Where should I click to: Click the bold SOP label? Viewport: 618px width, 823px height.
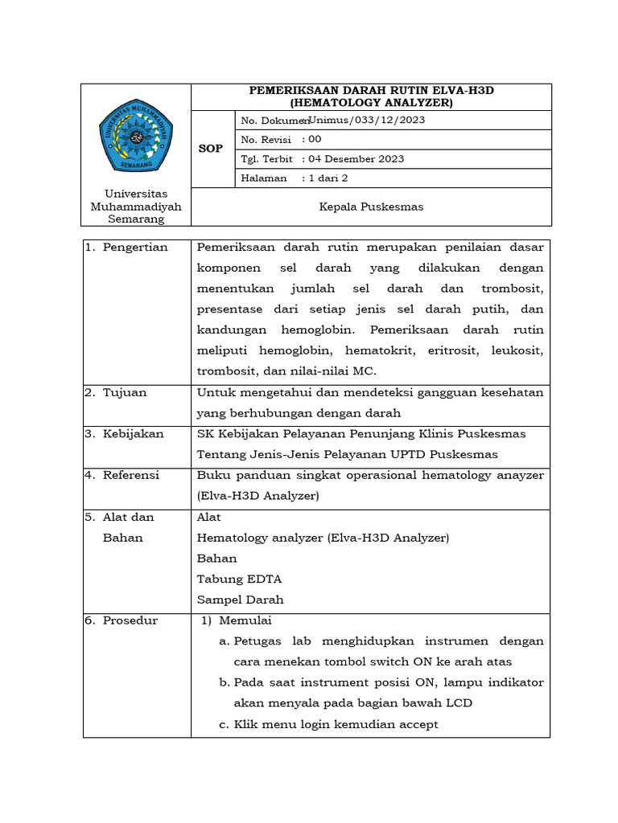click(x=211, y=149)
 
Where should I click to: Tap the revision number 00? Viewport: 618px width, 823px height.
click(x=315, y=139)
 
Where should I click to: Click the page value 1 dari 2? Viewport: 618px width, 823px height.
click(x=328, y=178)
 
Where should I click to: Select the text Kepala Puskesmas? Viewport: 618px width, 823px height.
click(x=371, y=207)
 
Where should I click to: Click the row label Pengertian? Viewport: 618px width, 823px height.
click(x=134, y=248)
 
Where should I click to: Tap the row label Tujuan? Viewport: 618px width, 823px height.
click(x=125, y=392)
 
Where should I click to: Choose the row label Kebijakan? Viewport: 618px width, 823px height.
click(x=133, y=434)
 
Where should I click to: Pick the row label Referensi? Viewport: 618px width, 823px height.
click(x=131, y=475)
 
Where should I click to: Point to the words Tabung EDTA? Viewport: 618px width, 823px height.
click(x=239, y=579)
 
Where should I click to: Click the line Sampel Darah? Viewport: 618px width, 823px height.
click(x=241, y=600)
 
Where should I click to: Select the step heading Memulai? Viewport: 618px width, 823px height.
click(x=245, y=620)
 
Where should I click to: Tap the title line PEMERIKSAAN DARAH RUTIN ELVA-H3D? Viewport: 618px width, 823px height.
click(x=371, y=91)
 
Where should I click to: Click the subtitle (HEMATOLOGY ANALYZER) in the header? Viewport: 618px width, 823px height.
click(x=371, y=103)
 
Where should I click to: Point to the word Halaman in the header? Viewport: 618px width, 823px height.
click(x=264, y=178)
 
